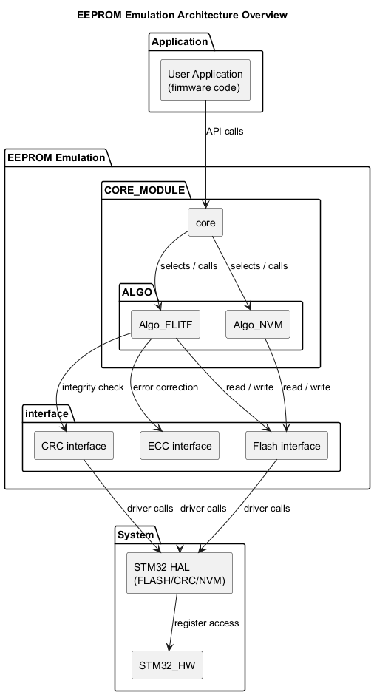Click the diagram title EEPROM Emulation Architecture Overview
(182, 15)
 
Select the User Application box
(205, 81)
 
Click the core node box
(205, 223)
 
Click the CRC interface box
(74, 446)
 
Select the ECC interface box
(180, 446)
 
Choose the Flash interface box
(287, 446)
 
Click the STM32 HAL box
(180, 573)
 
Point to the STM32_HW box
(166, 665)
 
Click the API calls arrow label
(225, 132)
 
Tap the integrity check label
(92, 387)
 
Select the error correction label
(165, 387)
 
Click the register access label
(206, 623)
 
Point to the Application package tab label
(180, 41)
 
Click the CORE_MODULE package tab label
(145, 190)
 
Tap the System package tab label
(136, 535)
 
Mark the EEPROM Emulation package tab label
(56, 157)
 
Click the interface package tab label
(46, 413)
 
